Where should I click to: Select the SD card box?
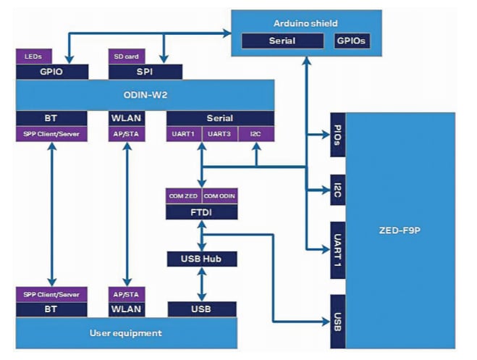(127, 56)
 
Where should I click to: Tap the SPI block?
(144, 72)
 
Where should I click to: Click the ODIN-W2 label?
(145, 95)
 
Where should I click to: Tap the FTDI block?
(202, 212)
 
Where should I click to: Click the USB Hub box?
(202, 259)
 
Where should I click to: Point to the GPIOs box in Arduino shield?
(353, 41)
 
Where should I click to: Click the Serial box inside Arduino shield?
(281, 41)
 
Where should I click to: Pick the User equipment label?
(126, 333)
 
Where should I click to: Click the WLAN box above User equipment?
(127, 310)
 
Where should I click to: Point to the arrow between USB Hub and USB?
(202, 284)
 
